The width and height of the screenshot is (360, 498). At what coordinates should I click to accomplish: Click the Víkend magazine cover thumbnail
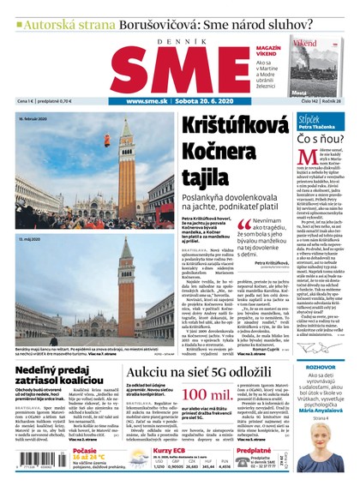click(315, 63)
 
